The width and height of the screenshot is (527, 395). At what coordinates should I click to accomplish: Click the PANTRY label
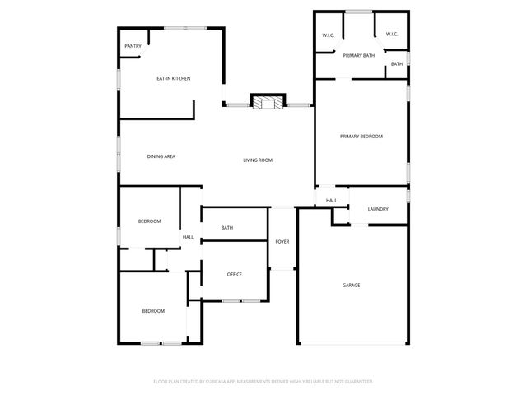coord(133,46)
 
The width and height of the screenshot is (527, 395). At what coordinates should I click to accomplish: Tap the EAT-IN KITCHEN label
coord(174,78)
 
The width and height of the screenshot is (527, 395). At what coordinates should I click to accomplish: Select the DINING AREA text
coord(161,156)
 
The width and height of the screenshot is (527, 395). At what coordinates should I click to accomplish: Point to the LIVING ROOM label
coord(258,160)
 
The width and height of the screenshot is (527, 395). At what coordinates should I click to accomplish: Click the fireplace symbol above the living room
coord(267,102)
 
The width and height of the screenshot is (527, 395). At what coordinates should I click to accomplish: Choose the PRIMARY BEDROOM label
coord(361,136)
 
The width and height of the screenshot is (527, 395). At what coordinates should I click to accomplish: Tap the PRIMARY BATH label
coord(359,55)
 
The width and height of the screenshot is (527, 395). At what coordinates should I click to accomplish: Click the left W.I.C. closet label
coord(327,35)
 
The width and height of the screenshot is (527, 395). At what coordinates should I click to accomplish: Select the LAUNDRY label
coord(378,209)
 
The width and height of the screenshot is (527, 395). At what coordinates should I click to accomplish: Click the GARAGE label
coord(352,285)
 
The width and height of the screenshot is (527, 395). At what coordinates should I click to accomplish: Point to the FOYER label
coord(282,241)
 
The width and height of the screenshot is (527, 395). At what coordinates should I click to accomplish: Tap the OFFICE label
coord(235,274)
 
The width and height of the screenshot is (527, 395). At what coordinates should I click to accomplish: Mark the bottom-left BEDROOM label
coord(153,311)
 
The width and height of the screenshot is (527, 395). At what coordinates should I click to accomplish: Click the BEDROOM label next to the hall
coord(149,221)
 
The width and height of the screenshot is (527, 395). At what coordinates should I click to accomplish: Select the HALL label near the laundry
coord(331,200)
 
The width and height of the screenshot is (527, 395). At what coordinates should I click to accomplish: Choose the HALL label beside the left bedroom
coord(188,237)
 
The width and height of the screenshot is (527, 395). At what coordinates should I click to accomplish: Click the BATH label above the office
coord(227,228)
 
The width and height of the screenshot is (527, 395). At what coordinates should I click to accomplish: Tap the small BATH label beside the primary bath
coord(397,64)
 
